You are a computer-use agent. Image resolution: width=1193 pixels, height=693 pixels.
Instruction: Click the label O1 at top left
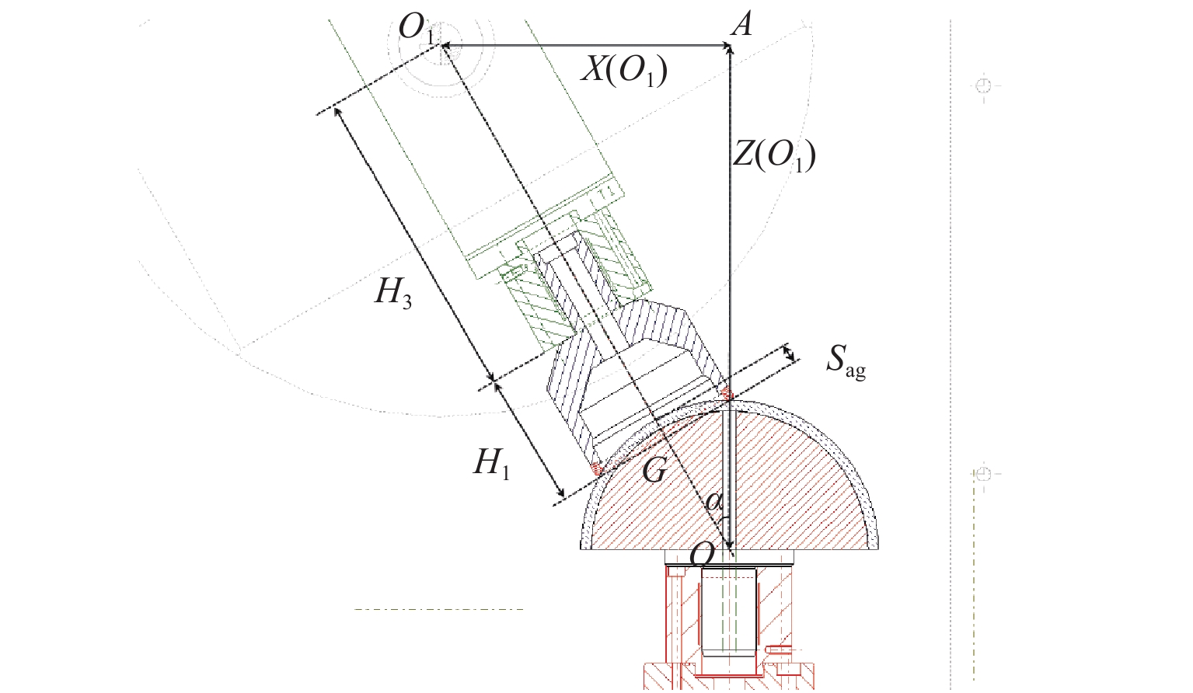[416, 29]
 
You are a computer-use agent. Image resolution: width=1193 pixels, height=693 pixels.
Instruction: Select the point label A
[742, 24]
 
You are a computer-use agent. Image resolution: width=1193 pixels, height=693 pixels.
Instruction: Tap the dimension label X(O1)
[624, 71]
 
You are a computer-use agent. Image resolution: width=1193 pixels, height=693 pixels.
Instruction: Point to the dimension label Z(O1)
[774, 155]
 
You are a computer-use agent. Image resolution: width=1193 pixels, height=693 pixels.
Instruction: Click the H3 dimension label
[393, 293]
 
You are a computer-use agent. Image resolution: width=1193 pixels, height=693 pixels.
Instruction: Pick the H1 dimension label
[492, 464]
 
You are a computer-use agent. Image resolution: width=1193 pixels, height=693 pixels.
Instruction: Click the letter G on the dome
[654, 470]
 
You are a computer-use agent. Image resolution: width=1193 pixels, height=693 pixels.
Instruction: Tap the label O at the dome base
[703, 555]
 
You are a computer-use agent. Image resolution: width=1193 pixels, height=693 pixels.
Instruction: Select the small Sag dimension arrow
[790, 354]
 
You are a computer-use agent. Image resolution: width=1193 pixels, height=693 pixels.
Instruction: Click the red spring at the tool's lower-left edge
[597, 468]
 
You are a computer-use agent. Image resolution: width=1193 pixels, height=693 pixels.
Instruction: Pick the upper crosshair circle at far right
[984, 85]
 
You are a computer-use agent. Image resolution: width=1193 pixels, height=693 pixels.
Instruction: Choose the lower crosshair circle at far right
[984, 473]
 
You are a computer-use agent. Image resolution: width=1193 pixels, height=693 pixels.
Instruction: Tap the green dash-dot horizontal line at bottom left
[439, 609]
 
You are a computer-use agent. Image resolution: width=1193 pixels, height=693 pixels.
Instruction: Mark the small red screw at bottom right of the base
[780, 649]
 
